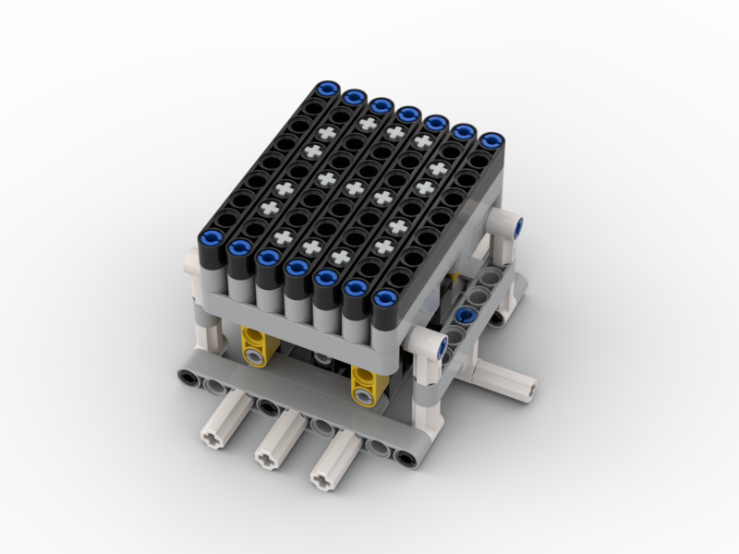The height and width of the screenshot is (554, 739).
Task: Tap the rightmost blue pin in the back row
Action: [x=492, y=141]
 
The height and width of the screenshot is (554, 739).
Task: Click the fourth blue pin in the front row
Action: [x=297, y=268]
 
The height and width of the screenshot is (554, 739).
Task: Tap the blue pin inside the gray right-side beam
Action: [x=466, y=316]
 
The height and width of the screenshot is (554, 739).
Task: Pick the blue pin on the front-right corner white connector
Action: [x=441, y=346]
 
